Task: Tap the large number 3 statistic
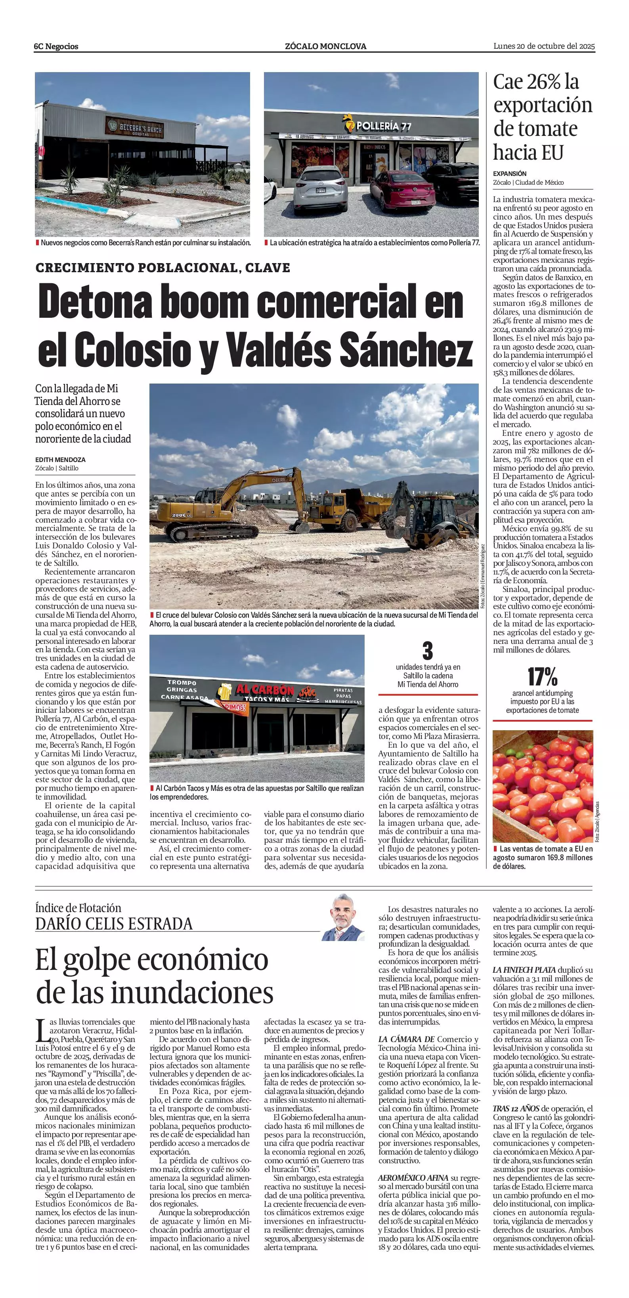[427, 651]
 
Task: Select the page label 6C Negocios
[56, 46]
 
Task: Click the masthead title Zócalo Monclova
[325, 46]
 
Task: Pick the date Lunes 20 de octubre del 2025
[544, 46]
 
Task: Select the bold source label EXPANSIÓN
[510, 173]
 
